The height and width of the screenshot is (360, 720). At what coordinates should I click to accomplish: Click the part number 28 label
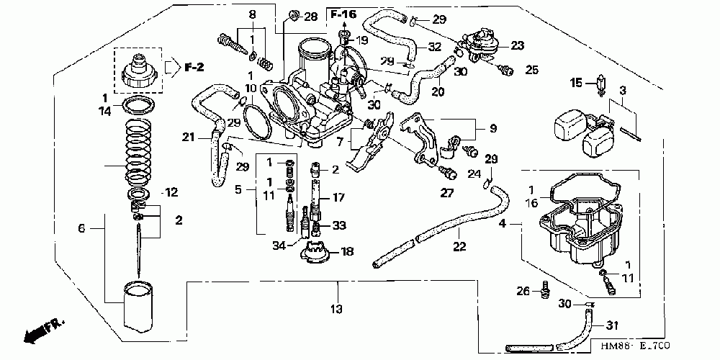pos(310,17)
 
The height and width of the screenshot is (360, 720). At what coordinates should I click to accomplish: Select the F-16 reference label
pos(343,14)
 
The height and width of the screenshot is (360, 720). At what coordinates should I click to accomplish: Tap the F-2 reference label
pos(194,68)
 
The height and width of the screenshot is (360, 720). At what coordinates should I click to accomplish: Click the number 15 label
pos(575,83)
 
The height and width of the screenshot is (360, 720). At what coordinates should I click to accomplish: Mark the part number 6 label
pos(82,228)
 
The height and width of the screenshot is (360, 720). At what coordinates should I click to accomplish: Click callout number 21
pos(188,138)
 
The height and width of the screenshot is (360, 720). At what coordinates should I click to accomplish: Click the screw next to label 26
pos(545,290)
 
